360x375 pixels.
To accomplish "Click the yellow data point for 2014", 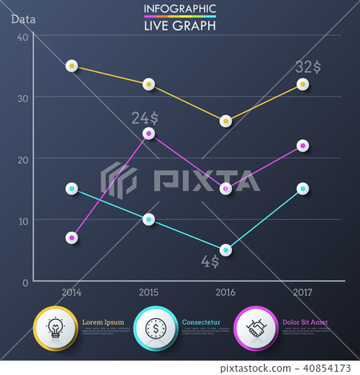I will (x=71, y=66).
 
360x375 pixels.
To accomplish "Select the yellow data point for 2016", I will (x=226, y=121).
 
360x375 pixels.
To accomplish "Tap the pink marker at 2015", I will (x=149, y=134).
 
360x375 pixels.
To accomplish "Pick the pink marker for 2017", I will (x=302, y=146).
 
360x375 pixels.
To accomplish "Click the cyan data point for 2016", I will (x=226, y=249).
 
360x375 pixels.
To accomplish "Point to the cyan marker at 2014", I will (x=71, y=189).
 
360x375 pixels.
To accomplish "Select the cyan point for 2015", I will (x=149, y=219).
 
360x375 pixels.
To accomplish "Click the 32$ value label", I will (x=308, y=66).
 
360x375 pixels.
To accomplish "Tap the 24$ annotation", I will (x=145, y=118).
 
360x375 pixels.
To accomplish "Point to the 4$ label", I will (x=210, y=261).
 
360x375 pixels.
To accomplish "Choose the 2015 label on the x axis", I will (x=149, y=293).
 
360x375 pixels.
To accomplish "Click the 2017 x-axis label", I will (x=302, y=293).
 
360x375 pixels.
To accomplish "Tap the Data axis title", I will (x=23, y=19).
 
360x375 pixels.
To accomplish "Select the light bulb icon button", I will (x=55, y=327).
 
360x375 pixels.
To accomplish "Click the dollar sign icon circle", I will (x=156, y=327).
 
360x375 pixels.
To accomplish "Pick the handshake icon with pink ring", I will (x=257, y=327).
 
